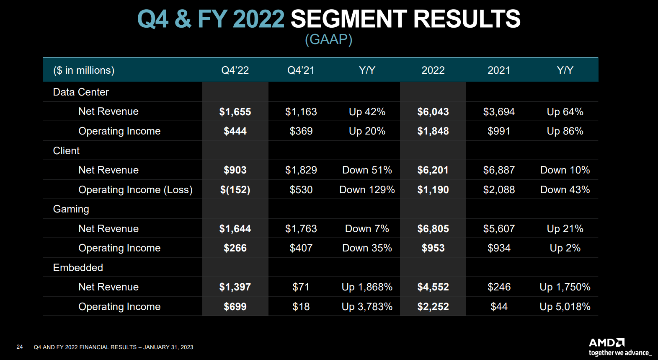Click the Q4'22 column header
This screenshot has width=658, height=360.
235,70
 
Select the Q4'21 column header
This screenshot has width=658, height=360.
301,70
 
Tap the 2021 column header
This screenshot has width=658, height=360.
499,70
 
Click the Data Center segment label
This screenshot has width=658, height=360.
81,92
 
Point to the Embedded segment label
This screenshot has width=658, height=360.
78,267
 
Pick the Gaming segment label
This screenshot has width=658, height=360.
71,209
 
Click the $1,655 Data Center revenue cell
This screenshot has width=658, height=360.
235,111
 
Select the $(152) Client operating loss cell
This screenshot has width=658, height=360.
235,189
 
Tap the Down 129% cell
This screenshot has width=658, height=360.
367,189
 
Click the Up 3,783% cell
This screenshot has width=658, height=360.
367,306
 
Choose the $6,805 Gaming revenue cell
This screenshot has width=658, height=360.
433,228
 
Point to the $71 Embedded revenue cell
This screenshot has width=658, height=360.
301,287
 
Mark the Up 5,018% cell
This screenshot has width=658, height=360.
565,306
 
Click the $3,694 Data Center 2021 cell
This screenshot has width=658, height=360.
499,111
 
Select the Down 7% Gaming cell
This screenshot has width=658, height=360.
367,228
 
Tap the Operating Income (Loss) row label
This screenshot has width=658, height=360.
135,189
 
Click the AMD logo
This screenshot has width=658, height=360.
607,342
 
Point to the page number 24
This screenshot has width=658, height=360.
20,347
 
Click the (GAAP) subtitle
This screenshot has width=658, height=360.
328,39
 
